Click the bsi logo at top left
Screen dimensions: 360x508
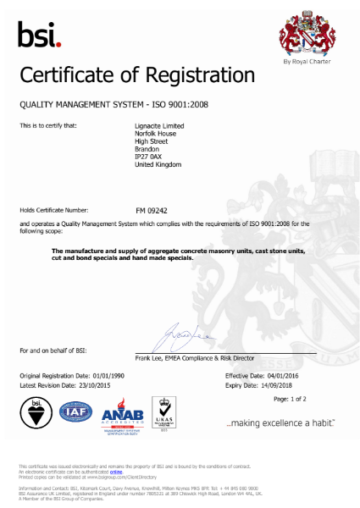tap(39, 35)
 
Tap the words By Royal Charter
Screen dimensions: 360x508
tap(302, 63)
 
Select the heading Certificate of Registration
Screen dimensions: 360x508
tap(136, 76)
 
